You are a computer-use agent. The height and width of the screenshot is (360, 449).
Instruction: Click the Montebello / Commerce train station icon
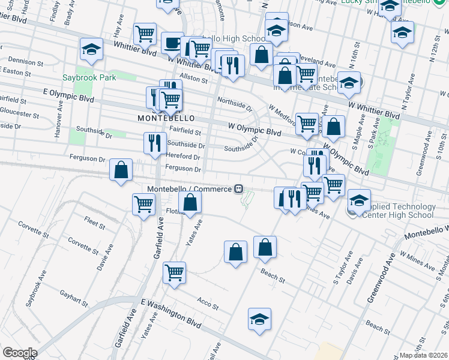coord(239,189)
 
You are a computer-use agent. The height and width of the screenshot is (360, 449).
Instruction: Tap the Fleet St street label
coord(95,223)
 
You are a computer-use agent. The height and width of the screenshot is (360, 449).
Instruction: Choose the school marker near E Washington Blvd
coord(259,319)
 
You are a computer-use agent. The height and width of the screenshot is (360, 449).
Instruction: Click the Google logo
coord(20,353)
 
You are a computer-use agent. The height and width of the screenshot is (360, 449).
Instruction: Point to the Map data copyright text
coord(424,355)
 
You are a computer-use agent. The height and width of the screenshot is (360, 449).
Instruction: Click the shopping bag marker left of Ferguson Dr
coord(121,170)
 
